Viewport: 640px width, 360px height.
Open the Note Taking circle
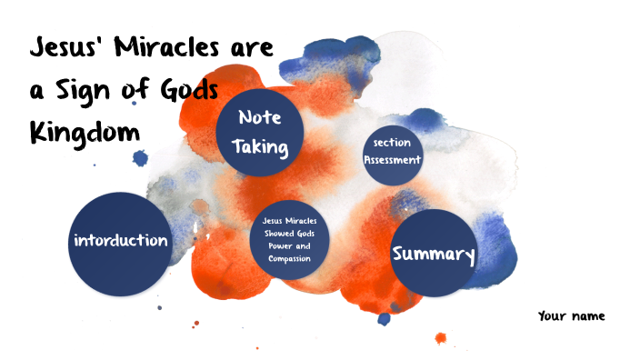point(259,133)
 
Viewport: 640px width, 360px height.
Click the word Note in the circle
point(259,118)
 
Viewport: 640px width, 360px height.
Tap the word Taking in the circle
point(259,147)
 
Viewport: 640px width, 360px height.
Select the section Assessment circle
point(393,151)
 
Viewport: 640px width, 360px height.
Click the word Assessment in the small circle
point(393,160)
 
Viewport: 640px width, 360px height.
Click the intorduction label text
point(120,241)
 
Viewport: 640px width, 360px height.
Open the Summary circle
point(434,254)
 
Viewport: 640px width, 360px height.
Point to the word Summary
point(434,255)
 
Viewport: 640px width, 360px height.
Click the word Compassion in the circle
point(290,260)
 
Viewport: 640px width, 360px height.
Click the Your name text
point(571,316)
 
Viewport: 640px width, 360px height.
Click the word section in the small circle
point(393,143)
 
